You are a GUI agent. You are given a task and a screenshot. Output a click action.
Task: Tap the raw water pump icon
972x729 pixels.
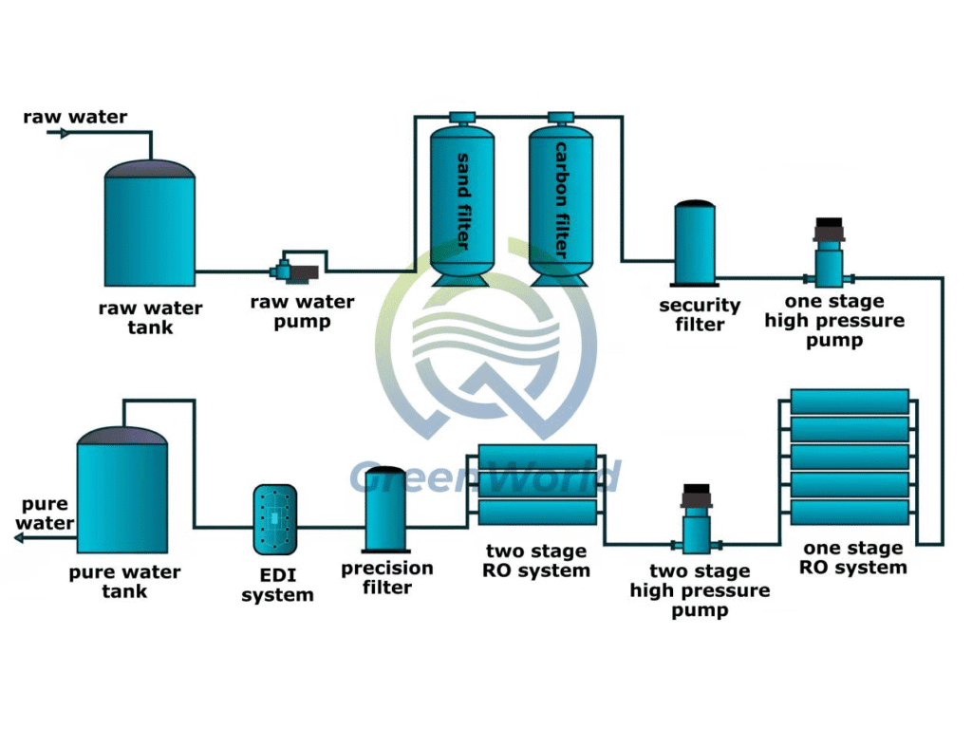(294, 271)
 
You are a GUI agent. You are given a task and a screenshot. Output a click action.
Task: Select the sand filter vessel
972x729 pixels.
(462, 199)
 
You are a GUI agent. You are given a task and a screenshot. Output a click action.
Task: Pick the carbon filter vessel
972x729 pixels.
(560, 199)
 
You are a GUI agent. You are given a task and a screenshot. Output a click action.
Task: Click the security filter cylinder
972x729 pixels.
(695, 243)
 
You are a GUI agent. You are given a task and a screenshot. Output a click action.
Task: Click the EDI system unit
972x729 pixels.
(275, 519)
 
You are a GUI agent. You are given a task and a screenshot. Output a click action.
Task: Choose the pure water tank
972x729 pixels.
(121, 494)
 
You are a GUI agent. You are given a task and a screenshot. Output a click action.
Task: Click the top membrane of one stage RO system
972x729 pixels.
(850, 401)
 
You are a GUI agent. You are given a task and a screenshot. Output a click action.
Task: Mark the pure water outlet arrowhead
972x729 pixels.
(20, 538)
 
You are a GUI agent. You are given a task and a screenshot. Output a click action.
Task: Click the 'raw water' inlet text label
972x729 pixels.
(75, 118)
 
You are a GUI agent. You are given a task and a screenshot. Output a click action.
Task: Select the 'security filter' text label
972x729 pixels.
(700, 315)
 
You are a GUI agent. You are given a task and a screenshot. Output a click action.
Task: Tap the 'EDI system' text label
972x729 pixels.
(277, 586)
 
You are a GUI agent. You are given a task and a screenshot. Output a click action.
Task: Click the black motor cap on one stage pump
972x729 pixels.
(829, 229)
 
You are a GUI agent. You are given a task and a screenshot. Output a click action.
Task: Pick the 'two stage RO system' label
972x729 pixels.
(537, 561)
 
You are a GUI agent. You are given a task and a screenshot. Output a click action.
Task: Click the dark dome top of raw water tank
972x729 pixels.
(149, 168)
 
